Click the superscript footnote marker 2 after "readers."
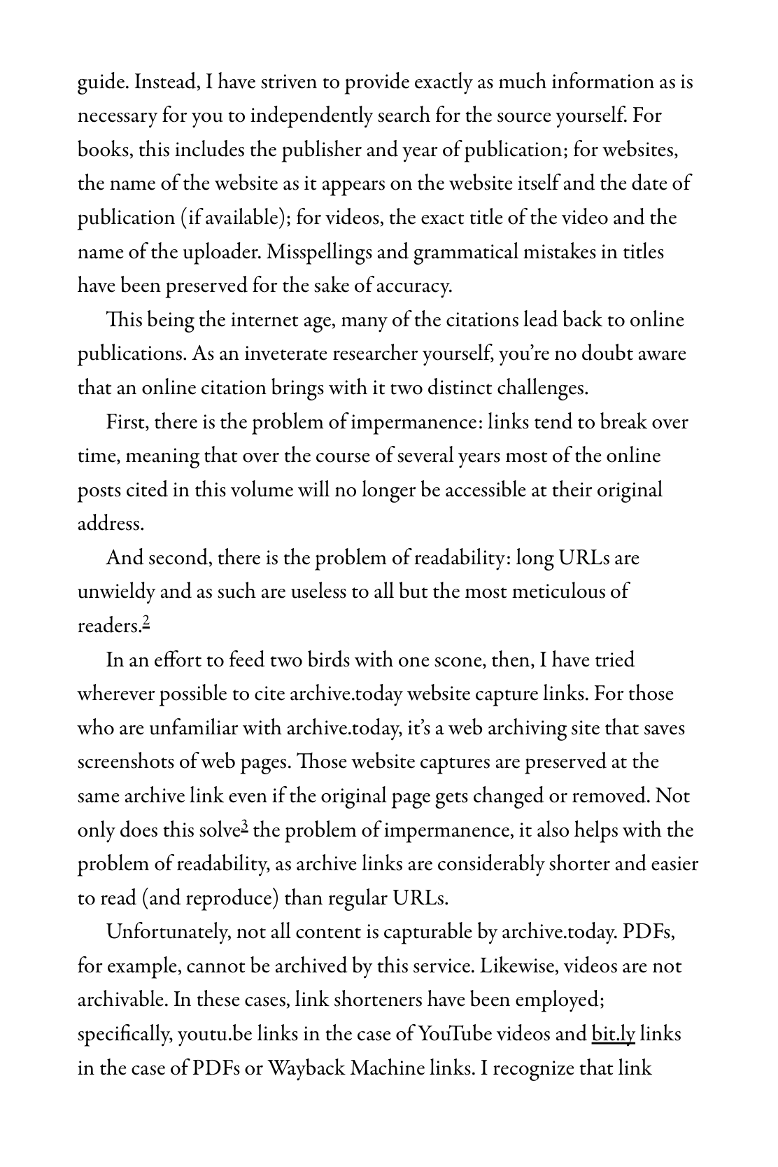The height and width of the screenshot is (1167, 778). coord(146,621)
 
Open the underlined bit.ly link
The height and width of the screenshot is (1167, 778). coord(613,1034)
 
